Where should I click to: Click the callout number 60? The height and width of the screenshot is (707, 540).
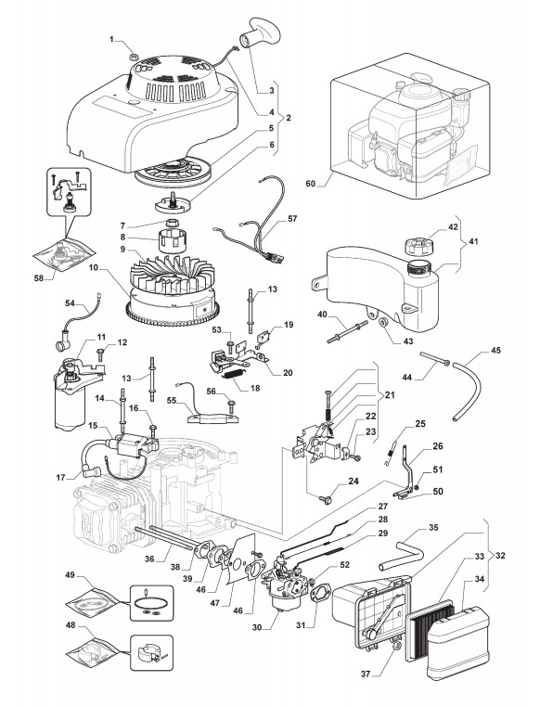[x=311, y=184]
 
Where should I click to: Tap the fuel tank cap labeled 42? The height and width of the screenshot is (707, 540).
[x=418, y=246]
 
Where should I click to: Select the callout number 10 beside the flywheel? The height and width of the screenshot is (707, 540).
[x=94, y=267]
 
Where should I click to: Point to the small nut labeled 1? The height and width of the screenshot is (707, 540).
[x=133, y=57]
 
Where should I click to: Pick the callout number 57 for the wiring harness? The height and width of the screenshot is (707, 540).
[x=292, y=219]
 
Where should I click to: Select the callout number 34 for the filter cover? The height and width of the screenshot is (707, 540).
[x=479, y=578]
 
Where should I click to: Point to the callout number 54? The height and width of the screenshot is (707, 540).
[x=70, y=303]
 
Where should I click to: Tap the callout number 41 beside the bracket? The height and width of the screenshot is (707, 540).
[x=473, y=241]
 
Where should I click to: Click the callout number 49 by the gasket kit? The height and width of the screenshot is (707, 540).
[x=70, y=575]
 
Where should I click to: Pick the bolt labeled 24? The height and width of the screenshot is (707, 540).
[x=326, y=499]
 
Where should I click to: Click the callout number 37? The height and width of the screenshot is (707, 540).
[x=366, y=675]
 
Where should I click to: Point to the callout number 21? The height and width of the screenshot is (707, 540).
[x=390, y=395]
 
